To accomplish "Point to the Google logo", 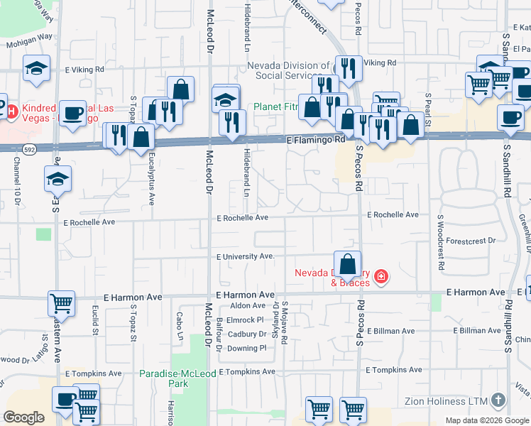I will click(x=23, y=417).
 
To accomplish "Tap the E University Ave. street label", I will click(x=245, y=256).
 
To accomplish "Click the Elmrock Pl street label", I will click(x=246, y=319).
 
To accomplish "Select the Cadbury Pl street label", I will click(x=246, y=334).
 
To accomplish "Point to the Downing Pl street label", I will click(x=246, y=348).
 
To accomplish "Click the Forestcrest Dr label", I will click(x=471, y=241).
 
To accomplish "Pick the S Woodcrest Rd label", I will click(x=440, y=242).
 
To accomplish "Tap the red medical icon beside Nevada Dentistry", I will click(x=381, y=275).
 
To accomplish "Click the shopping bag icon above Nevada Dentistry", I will click(x=347, y=265).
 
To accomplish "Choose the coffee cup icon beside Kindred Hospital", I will click(x=72, y=114).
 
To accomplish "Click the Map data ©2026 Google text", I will click(x=486, y=420).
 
